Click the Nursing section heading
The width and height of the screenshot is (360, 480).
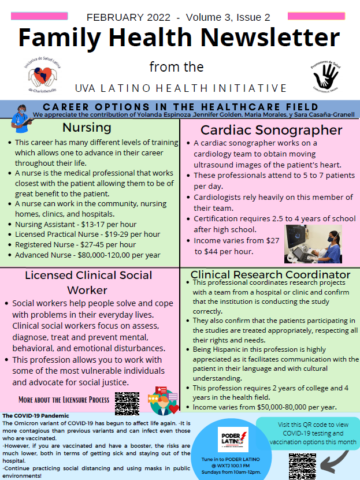click(87, 127)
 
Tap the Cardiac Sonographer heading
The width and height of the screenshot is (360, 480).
click(271, 130)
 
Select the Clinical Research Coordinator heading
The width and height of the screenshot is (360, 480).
click(270, 274)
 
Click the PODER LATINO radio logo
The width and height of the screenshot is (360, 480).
click(233, 438)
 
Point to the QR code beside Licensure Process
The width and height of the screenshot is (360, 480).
click(127, 403)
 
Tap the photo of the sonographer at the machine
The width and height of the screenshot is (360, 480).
click(313, 243)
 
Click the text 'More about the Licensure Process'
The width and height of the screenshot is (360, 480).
click(64, 400)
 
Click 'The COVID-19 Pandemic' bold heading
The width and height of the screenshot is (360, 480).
click(36, 416)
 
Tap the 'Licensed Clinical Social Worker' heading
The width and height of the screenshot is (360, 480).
click(88, 282)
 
